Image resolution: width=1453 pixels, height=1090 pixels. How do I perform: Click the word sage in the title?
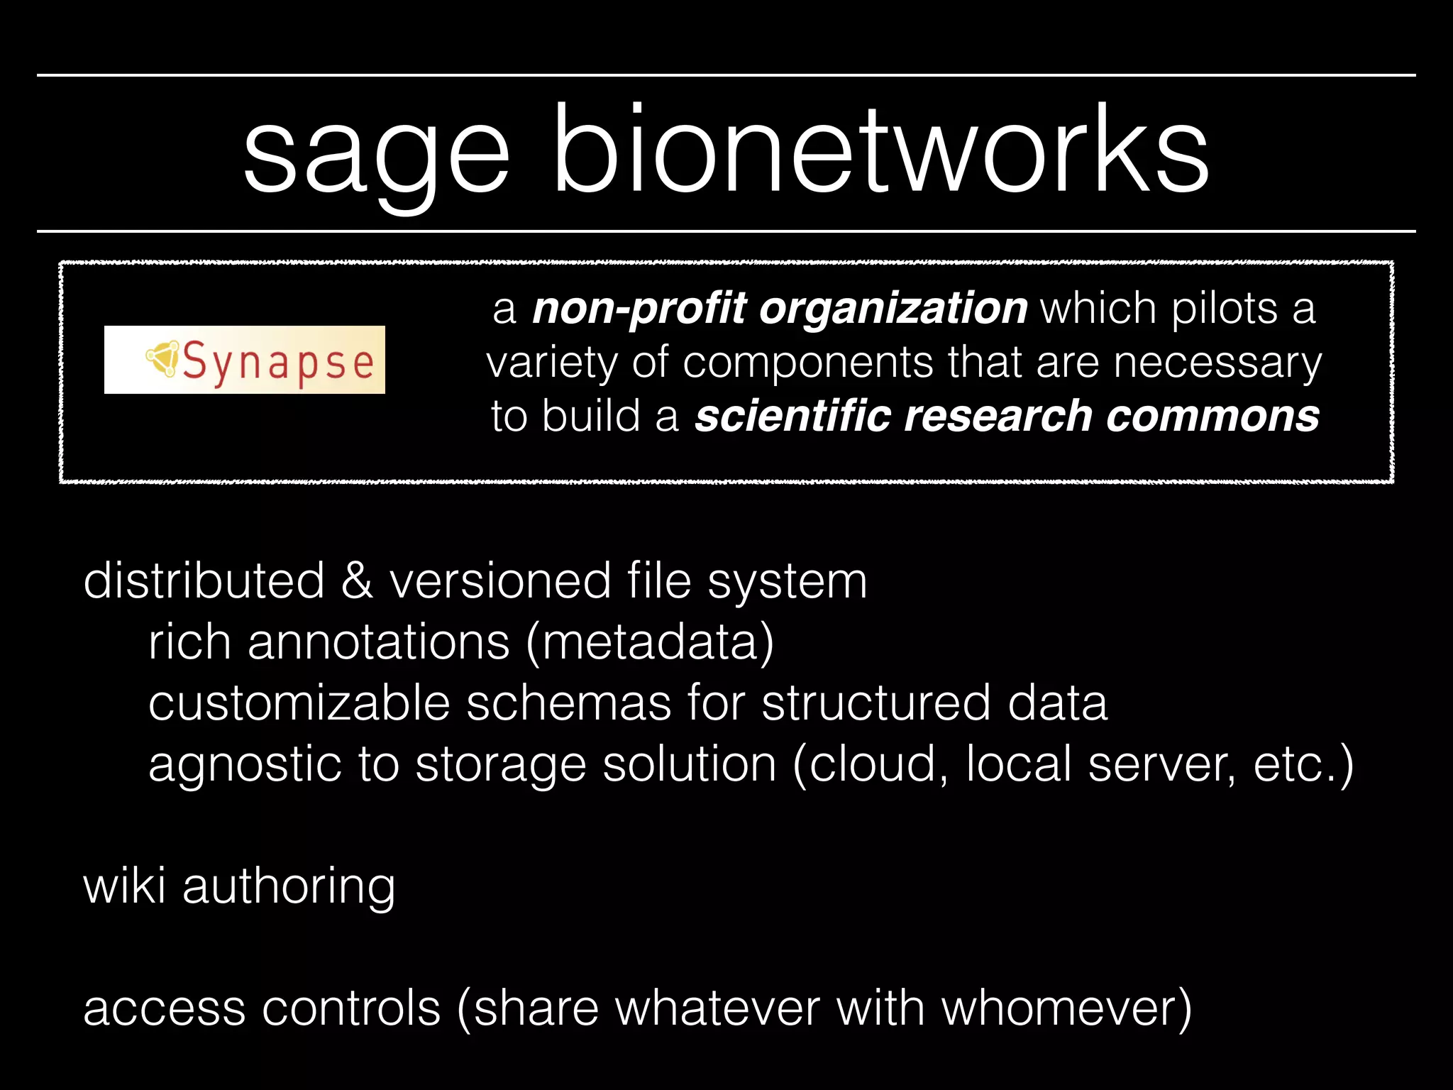[x=376, y=153]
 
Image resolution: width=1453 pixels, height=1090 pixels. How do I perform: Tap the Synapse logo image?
[x=245, y=360]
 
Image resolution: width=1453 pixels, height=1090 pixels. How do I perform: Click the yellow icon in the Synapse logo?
[x=162, y=357]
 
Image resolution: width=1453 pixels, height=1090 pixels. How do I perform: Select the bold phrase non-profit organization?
[x=779, y=309]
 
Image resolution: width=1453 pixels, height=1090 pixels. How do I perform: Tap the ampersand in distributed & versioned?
[x=356, y=580]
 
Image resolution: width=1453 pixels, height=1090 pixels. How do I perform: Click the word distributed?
[x=204, y=580]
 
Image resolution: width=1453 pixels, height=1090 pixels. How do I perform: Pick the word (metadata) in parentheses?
[x=650, y=642]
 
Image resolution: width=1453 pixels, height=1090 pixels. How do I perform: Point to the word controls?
[x=351, y=1008]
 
